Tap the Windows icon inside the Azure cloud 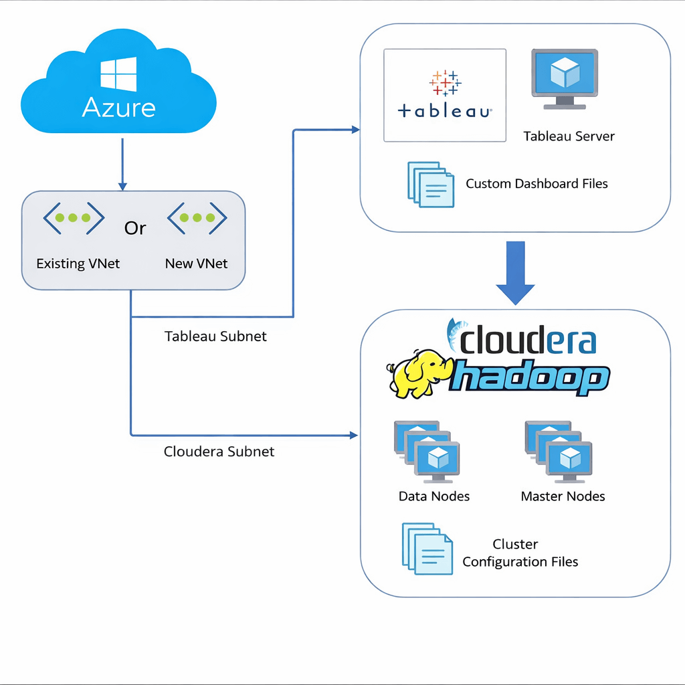click(118, 74)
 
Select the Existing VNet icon click(74, 217)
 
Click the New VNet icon click(197, 217)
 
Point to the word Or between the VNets click(135, 228)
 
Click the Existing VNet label click(78, 264)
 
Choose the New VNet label click(196, 264)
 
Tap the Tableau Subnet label click(215, 336)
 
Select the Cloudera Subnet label click(219, 452)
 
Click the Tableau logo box click(445, 95)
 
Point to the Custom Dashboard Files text click(536, 183)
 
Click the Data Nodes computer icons click(427, 452)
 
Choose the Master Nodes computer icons click(558, 452)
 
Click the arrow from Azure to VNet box click(122, 164)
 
